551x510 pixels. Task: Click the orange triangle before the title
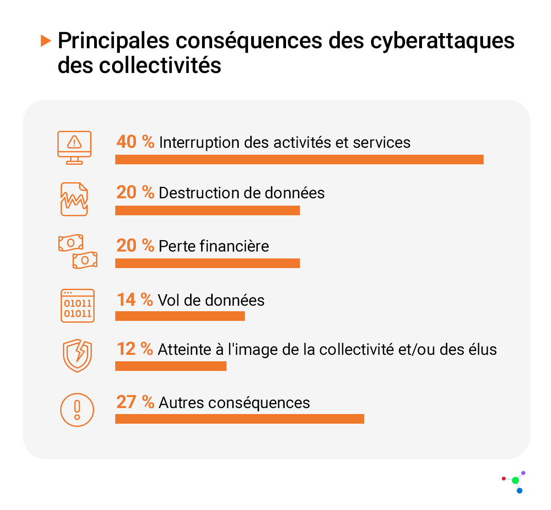click(45, 40)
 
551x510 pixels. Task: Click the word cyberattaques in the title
click(442, 40)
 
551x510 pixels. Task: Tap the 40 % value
click(135, 142)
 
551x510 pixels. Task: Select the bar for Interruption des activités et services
click(299, 159)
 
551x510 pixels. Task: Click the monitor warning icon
click(74, 147)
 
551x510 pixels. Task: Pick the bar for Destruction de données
click(207, 210)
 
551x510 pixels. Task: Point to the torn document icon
click(74, 199)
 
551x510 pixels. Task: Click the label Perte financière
click(214, 246)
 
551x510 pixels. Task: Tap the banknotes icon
click(78, 251)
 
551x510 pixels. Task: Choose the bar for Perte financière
click(207, 263)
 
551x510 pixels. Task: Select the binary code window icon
click(78, 305)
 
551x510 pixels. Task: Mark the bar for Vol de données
click(180, 316)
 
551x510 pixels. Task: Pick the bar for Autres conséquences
click(239, 419)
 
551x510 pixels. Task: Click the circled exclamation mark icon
click(77, 410)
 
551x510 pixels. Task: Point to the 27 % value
click(135, 402)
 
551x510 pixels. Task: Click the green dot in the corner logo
click(515, 481)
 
